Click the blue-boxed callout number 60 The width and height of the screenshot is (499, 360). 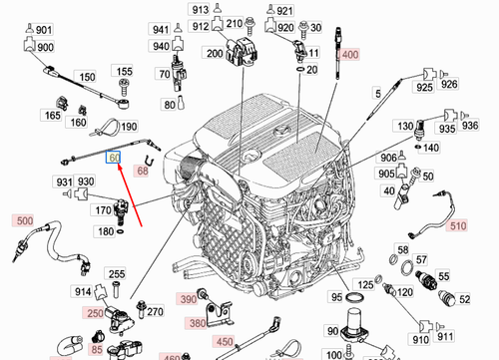tap(115, 158)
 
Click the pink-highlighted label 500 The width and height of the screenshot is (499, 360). tap(22, 220)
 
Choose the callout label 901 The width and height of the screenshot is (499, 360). tap(44, 31)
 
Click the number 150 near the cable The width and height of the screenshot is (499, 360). tap(88, 76)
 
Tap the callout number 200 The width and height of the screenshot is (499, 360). tap(214, 54)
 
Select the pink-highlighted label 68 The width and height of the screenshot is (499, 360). tap(142, 172)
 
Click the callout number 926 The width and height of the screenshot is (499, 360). tap(449, 86)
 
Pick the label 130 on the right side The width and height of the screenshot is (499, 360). tap(406, 127)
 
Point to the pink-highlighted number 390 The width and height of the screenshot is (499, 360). tap(187, 299)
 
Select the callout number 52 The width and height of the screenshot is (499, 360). tap(463, 298)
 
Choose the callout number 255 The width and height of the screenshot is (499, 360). tap(117, 274)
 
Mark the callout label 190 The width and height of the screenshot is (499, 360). tap(130, 127)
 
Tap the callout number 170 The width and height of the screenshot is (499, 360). tap(102, 210)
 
